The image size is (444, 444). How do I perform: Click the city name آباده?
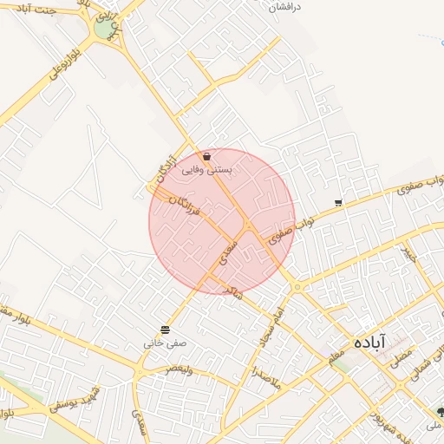[x=369, y=343]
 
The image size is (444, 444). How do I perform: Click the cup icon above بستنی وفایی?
[x=206, y=157]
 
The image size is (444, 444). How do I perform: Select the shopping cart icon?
[x=338, y=204]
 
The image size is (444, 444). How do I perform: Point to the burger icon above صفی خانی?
[x=165, y=330]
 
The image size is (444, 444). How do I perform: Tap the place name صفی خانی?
[x=165, y=343]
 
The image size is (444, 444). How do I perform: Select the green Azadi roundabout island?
[x=105, y=29]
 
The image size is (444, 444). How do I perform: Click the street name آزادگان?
[x=163, y=170]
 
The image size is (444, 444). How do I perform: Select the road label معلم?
[x=336, y=355]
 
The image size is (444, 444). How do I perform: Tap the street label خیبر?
[x=409, y=255]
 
